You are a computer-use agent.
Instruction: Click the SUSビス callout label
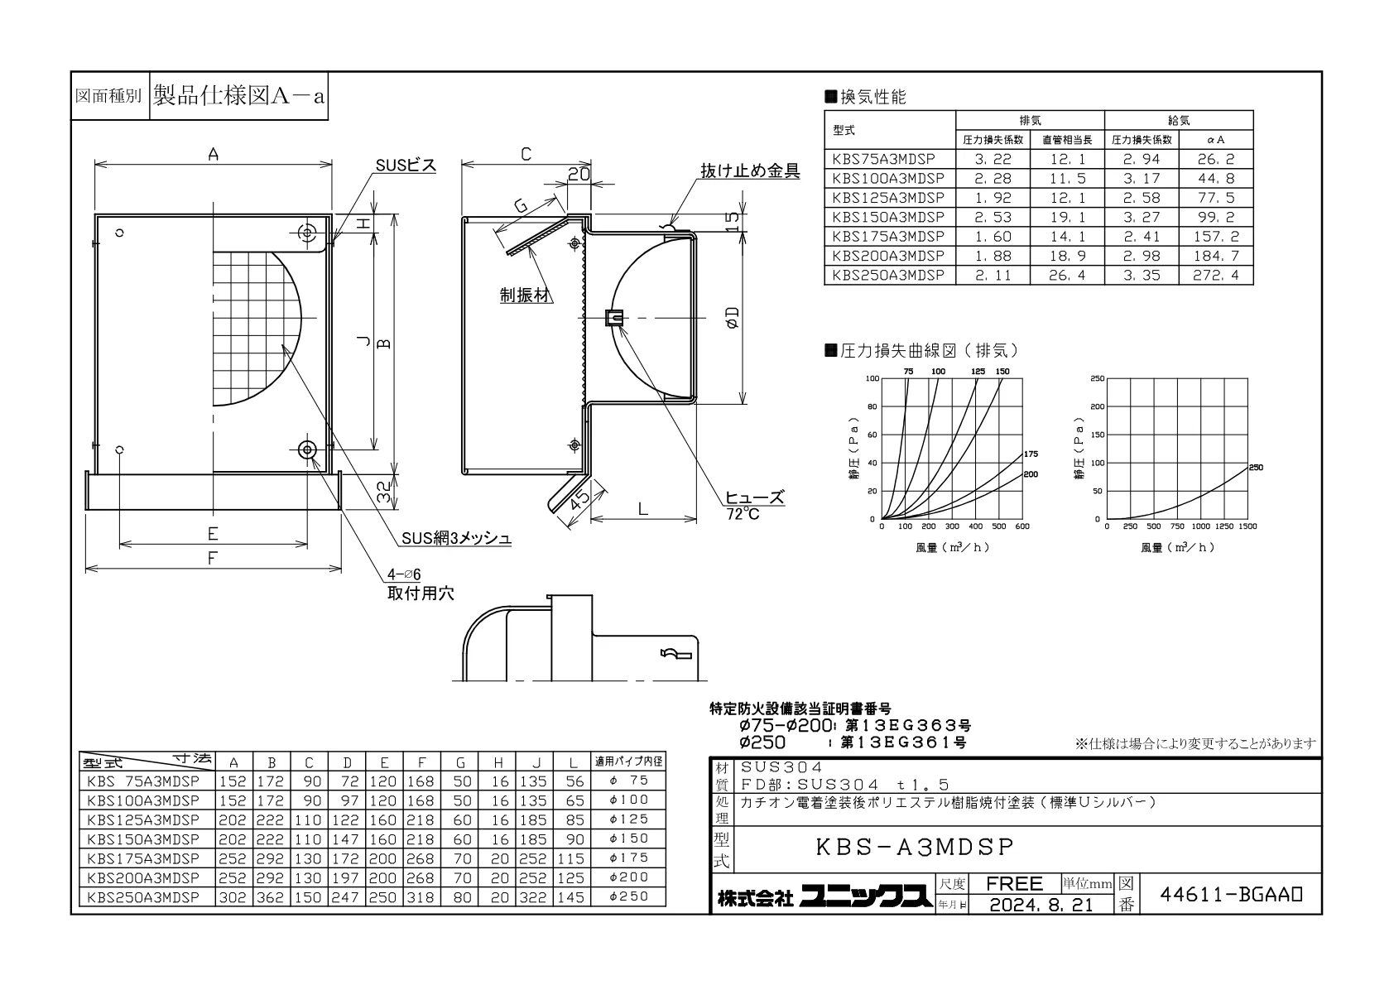(x=406, y=166)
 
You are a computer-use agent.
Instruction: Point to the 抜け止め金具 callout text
(x=750, y=171)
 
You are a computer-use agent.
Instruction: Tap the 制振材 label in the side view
(x=526, y=295)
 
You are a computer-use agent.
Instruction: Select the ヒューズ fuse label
(x=755, y=497)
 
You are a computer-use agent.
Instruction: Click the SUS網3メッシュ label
(x=456, y=538)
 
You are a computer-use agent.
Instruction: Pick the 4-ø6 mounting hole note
(x=404, y=574)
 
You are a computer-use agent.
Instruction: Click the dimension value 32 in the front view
(x=386, y=492)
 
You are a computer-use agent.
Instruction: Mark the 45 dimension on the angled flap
(x=580, y=500)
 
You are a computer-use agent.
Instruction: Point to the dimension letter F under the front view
(x=212, y=558)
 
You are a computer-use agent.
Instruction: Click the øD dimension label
(x=733, y=317)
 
